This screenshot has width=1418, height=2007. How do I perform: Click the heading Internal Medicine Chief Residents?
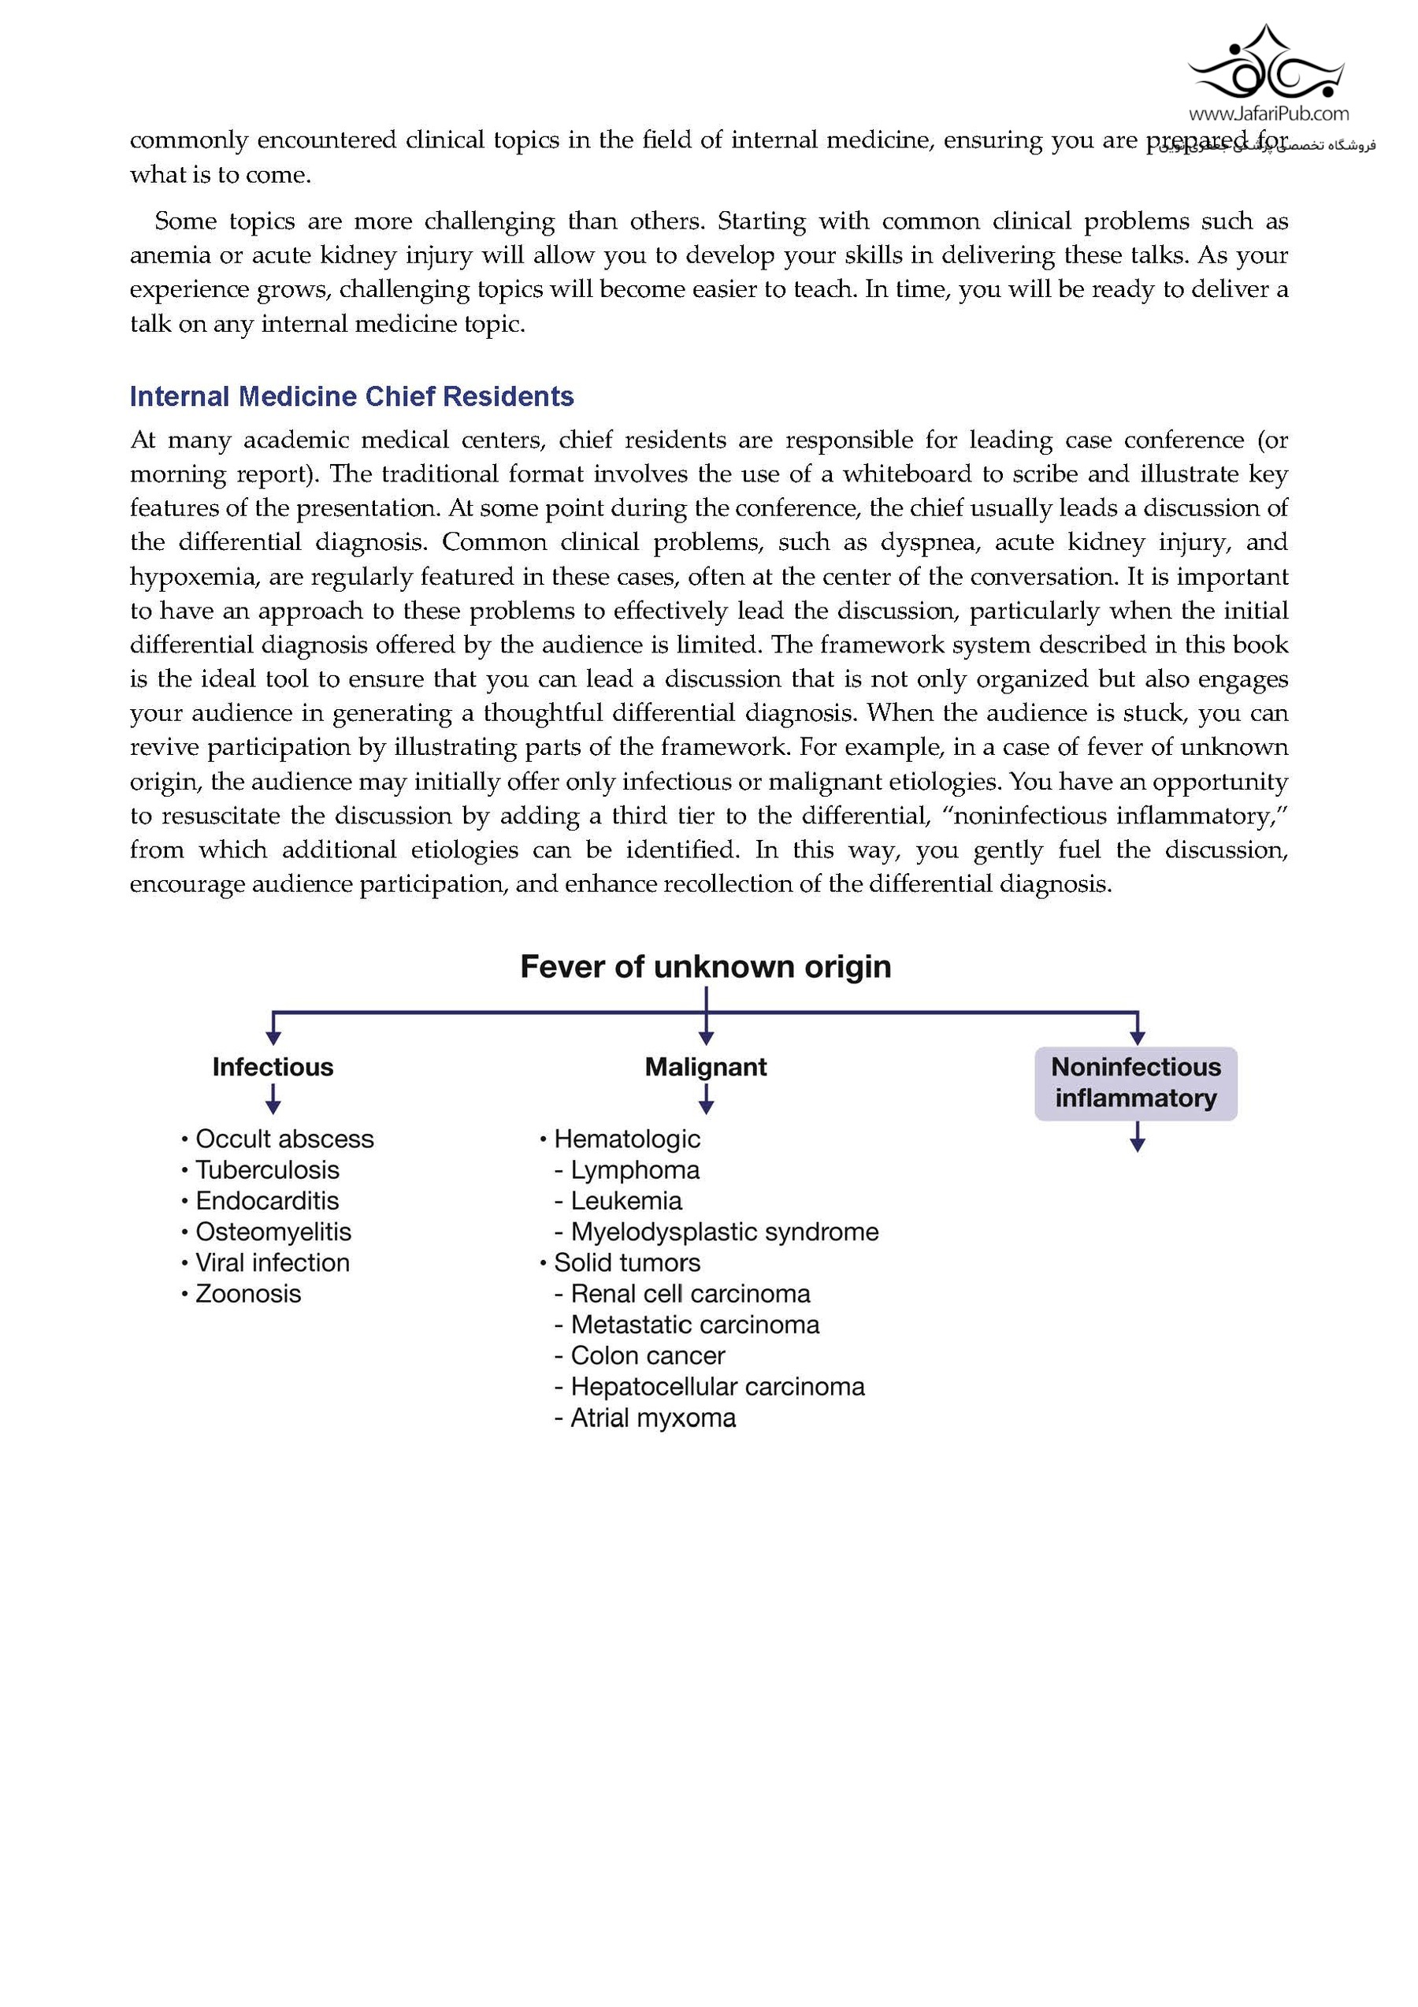click(x=351, y=397)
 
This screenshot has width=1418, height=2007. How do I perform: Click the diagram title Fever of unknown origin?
click(x=705, y=967)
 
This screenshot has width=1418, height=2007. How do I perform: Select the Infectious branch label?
click(x=273, y=1067)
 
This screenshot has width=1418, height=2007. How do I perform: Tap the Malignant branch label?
click(x=706, y=1067)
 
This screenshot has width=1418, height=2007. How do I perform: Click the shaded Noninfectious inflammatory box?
click(x=1136, y=1083)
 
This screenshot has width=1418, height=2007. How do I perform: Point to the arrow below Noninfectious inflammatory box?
click(x=1137, y=1136)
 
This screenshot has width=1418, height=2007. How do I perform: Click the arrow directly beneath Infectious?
click(x=273, y=1098)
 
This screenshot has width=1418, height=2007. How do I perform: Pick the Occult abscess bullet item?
click(x=284, y=1139)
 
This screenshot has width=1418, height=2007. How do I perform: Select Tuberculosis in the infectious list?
click(x=266, y=1170)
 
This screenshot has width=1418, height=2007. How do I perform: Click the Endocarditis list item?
click(x=266, y=1201)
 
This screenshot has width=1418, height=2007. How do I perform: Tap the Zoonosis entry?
click(x=248, y=1294)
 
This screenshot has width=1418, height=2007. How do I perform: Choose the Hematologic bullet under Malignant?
click(x=626, y=1139)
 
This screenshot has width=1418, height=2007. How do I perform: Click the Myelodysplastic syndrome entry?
click(x=724, y=1232)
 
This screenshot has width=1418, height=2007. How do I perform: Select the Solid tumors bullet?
click(x=626, y=1263)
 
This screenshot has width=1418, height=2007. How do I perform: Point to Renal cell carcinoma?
click(x=690, y=1294)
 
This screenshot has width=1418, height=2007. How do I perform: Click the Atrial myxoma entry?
click(x=652, y=1418)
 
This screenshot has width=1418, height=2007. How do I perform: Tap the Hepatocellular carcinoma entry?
click(x=718, y=1386)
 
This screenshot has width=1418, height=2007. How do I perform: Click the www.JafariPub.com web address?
click(x=1268, y=113)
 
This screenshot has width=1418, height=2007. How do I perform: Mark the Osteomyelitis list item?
click(x=273, y=1232)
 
